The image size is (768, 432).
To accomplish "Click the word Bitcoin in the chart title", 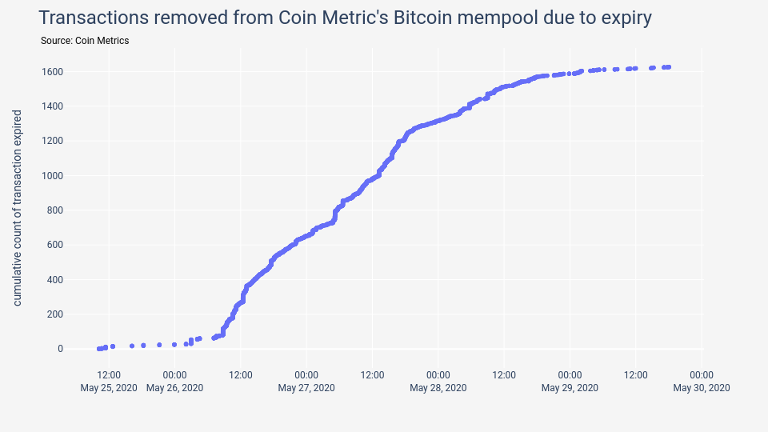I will (426, 18).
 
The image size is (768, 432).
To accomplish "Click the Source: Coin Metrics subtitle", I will (84, 41).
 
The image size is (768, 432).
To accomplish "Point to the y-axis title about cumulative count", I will (18, 208).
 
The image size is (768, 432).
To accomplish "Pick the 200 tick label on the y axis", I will (55, 314).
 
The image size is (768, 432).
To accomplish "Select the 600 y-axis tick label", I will (55, 245).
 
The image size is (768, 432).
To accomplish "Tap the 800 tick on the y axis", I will (55, 210).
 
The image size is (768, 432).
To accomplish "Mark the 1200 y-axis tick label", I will (53, 141).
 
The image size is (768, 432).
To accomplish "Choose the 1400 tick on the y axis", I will (53, 106).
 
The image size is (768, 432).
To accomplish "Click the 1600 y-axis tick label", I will (53, 72).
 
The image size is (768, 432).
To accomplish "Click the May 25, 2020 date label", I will (109, 388).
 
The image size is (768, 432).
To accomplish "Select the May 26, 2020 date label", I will (174, 388).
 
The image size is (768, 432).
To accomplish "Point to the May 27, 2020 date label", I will (306, 388).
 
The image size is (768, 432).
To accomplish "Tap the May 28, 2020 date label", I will (438, 388).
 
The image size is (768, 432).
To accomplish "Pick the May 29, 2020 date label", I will (570, 388).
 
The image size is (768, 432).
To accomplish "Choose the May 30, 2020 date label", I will (702, 388).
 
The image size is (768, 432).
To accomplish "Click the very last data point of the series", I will (668, 67).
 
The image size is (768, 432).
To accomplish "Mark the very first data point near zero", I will (98, 349).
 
